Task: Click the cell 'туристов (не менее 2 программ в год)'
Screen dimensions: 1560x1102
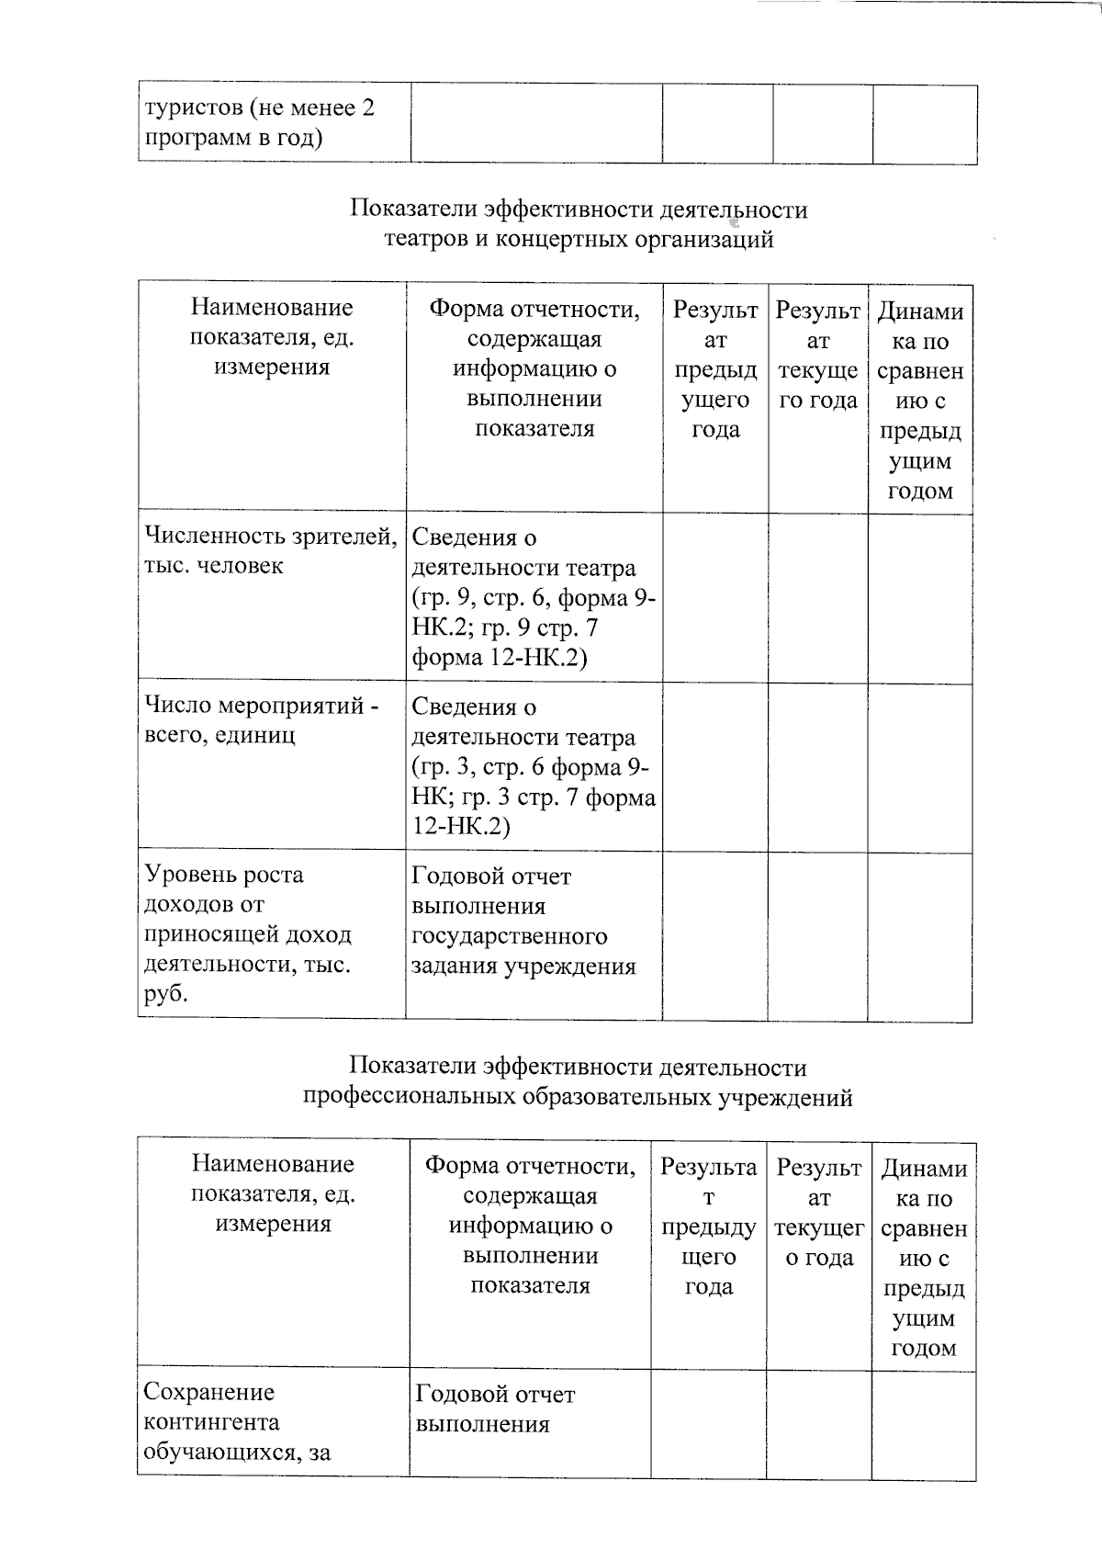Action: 260,123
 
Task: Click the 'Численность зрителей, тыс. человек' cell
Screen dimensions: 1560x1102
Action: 270,551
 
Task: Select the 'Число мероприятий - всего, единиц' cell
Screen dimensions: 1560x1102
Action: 262,720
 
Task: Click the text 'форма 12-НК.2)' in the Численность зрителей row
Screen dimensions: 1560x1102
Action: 500,658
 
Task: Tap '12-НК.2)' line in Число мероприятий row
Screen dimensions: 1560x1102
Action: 461,826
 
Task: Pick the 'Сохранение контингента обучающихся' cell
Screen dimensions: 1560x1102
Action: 236,1422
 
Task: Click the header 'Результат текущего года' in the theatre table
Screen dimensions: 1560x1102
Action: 817,356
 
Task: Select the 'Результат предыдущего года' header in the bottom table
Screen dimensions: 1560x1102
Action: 708,1227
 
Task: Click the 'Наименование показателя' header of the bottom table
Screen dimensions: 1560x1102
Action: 273,1193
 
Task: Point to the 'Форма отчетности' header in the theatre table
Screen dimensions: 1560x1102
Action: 534,368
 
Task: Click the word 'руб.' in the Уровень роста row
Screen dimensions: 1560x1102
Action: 166,994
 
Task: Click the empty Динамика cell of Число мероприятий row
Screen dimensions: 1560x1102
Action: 919,768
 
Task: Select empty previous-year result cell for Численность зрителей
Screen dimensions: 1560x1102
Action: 715,598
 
